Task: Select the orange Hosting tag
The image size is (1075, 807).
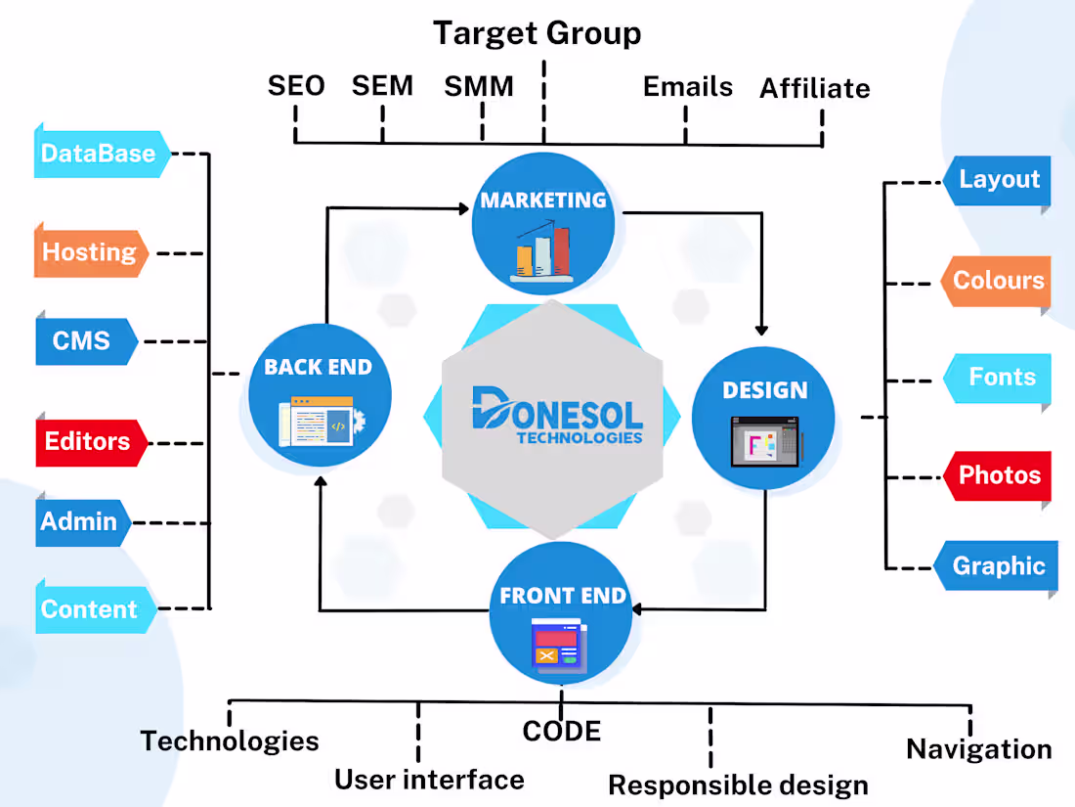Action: click(90, 252)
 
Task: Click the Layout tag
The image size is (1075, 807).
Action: click(999, 180)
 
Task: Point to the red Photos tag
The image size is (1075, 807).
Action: click(999, 475)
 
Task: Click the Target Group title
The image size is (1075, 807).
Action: click(537, 33)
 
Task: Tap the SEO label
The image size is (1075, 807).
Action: click(296, 86)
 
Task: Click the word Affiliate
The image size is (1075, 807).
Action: click(814, 88)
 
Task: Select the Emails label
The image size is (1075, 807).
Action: click(687, 86)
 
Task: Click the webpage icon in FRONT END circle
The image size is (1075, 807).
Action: click(559, 647)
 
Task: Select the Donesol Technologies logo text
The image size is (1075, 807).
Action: click(557, 417)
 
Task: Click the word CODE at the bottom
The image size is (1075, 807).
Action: click(561, 731)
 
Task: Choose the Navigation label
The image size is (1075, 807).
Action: click(978, 749)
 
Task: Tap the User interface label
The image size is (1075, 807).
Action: click(429, 780)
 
